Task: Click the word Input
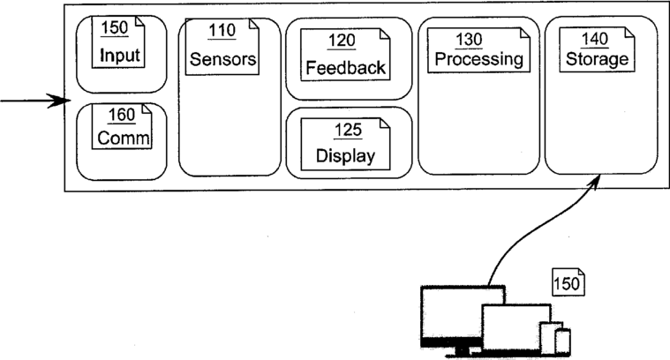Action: click(120, 55)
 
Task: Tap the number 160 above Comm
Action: click(121, 115)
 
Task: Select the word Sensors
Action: click(222, 59)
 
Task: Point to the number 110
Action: click(222, 30)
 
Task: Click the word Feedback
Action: click(346, 67)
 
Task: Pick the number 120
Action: click(342, 41)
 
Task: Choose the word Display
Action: click(345, 156)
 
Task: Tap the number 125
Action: click(348, 130)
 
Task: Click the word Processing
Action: click(478, 59)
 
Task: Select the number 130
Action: click(469, 40)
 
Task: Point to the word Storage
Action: click(597, 59)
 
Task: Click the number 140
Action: click(594, 39)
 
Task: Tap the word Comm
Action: click(124, 138)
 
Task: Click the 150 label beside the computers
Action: click(567, 283)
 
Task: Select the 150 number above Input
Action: click(114, 27)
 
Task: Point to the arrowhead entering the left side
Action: click(60, 101)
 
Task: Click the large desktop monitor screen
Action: click(453, 311)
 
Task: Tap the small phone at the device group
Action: click(563, 341)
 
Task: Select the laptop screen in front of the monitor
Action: click(516, 326)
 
